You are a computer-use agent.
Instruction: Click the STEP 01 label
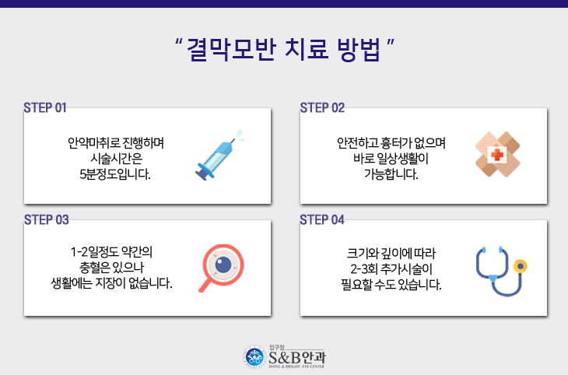click(45, 107)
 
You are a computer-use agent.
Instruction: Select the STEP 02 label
click(322, 107)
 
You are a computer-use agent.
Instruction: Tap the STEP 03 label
click(47, 219)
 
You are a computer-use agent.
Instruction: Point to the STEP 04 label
click(322, 219)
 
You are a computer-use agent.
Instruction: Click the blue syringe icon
click(219, 156)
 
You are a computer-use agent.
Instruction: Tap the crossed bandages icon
click(498, 154)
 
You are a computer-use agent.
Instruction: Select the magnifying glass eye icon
click(221, 268)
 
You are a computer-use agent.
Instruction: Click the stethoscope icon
click(501, 270)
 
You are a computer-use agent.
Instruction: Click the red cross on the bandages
click(497, 155)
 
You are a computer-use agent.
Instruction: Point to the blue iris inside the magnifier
click(223, 265)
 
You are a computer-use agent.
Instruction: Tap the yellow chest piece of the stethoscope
click(521, 266)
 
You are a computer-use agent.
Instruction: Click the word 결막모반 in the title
click(231, 49)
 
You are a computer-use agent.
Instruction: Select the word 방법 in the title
click(359, 49)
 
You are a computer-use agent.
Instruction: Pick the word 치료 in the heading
click(307, 49)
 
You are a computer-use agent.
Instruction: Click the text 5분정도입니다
click(115, 174)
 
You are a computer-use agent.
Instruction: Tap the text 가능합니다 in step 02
click(391, 174)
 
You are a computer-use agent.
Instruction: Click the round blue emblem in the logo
click(254, 357)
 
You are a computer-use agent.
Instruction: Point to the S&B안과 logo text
click(297, 358)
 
